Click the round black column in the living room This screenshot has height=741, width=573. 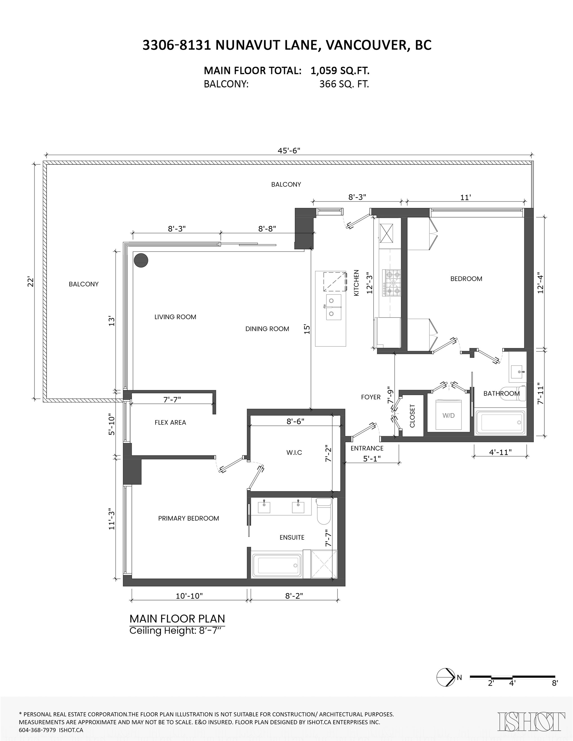(x=141, y=261)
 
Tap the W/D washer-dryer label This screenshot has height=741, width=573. (x=448, y=415)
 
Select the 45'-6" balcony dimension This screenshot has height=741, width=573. (x=289, y=151)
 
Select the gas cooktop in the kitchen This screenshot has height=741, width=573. (x=392, y=283)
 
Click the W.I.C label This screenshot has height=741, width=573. (x=294, y=453)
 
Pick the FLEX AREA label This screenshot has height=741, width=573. (x=170, y=422)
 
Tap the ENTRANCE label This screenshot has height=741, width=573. (x=367, y=448)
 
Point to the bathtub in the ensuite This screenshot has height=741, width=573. (x=276, y=566)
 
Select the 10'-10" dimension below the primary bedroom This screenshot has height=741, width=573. (x=189, y=596)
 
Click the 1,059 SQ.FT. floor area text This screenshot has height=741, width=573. (x=340, y=70)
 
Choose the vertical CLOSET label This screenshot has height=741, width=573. (x=412, y=416)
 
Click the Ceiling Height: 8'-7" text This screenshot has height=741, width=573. (x=177, y=631)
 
